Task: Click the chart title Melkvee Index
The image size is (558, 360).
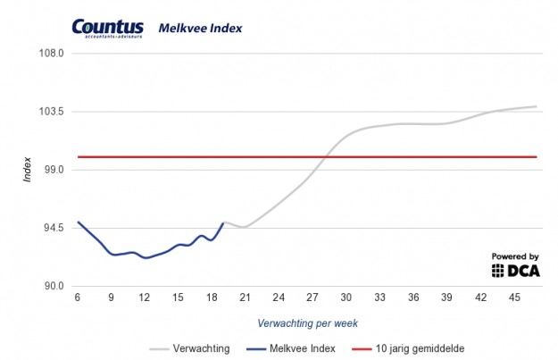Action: pos(200,29)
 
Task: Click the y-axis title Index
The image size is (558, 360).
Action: pos(28,170)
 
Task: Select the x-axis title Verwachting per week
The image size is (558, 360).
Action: pos(306,322)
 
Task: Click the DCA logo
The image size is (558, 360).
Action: pos(515,271)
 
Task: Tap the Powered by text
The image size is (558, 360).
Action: pos(515,255)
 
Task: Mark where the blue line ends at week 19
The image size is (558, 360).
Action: pos(222,222)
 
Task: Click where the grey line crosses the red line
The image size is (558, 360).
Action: pos(323,157)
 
